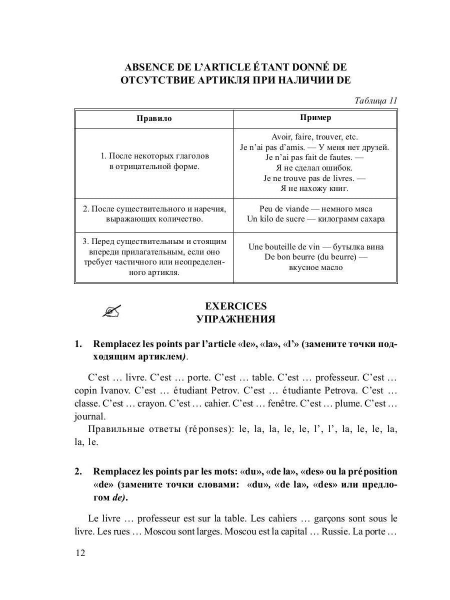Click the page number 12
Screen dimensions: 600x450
point(80,552)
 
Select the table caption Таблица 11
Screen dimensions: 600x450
point(375,100)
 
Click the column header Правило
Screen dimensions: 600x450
point(154,118)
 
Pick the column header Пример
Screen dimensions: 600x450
point(315,117)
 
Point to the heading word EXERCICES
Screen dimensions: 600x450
point(236,306)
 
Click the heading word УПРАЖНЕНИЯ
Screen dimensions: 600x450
point(236,319)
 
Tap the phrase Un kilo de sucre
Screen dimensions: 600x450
point(275,219)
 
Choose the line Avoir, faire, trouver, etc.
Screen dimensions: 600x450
point(315,136)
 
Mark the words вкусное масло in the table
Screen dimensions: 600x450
point(315,267)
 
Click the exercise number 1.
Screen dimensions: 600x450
point(78,344)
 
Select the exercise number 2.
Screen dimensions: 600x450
point(78,471)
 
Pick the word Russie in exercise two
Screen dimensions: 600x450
point(334,531)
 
